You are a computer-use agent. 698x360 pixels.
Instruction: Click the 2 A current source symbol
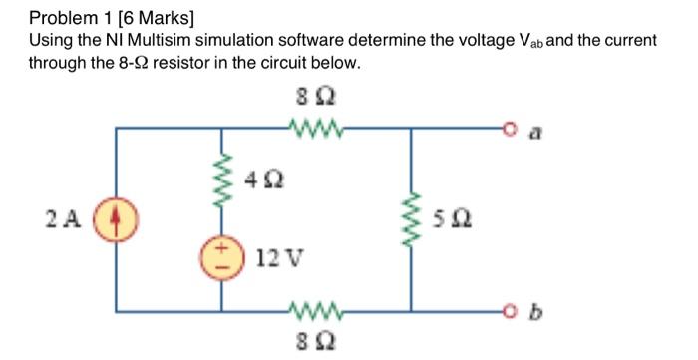(x=118, y=216)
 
